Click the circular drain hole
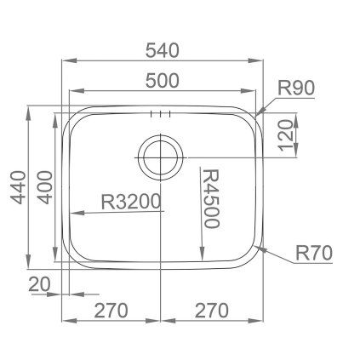coord(159,155)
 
